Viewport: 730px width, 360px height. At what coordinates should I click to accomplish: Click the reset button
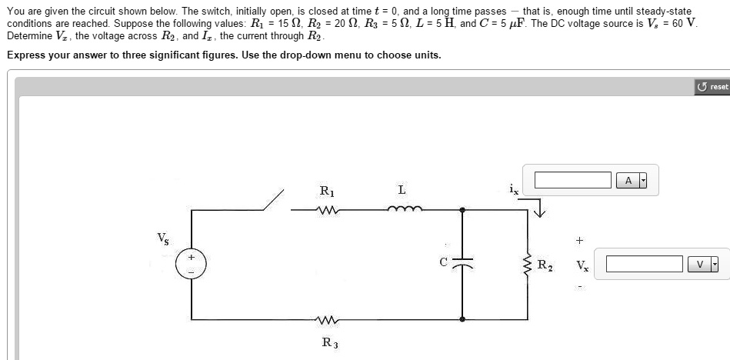coord(712,86)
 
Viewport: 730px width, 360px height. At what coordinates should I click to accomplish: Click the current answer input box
coord(572,180)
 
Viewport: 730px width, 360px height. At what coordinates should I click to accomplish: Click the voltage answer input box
coord(645,265)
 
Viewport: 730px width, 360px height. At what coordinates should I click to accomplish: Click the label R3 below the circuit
coord(328,342)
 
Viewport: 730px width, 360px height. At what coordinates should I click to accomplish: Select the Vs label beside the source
coord(162,237)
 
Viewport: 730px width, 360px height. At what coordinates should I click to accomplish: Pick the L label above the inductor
coord(402,190)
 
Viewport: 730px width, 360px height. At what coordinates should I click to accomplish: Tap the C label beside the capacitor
coord(442,262)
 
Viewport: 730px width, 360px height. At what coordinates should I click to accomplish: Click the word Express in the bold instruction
coord(28,55)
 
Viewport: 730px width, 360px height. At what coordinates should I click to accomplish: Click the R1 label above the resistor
coord(327,190)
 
